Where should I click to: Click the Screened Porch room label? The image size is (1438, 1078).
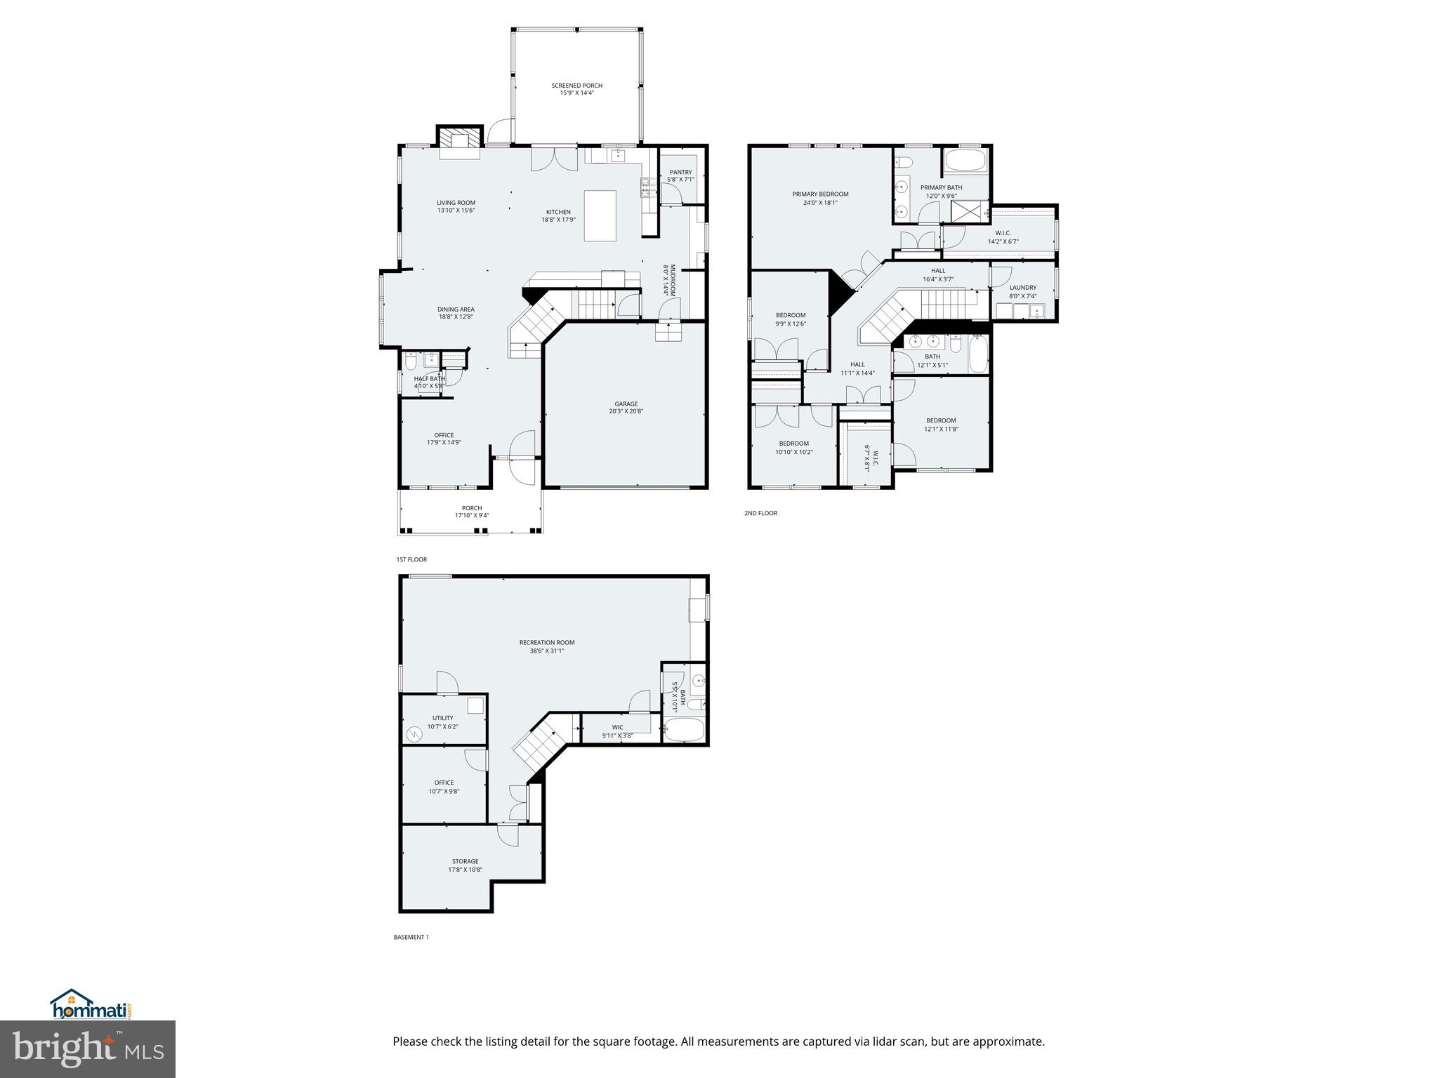[x=576, y=86]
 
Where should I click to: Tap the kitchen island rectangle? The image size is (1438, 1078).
[x=600, y=215]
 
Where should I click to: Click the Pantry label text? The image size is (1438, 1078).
[x=680, y=172]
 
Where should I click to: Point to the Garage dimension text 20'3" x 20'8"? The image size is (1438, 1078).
[x=626, y=411]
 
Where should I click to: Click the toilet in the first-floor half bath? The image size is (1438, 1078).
[x=411, y=362]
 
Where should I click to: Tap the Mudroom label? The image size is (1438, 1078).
[x=672, y=280]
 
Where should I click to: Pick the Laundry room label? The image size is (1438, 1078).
[x=1022, y=287]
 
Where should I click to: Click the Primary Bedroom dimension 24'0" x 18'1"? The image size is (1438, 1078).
[x=820, y=203]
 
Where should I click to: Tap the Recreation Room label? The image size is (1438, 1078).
[x=546, y=642]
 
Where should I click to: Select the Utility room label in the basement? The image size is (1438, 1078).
[x=442, y=718]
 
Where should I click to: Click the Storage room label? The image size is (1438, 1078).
[x=465, y=861]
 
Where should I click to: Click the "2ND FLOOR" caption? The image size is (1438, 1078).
[x=760, y=513]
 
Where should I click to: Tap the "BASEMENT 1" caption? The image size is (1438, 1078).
[x=411, y=937]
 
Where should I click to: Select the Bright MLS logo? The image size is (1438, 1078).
[x=88, y=1049]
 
